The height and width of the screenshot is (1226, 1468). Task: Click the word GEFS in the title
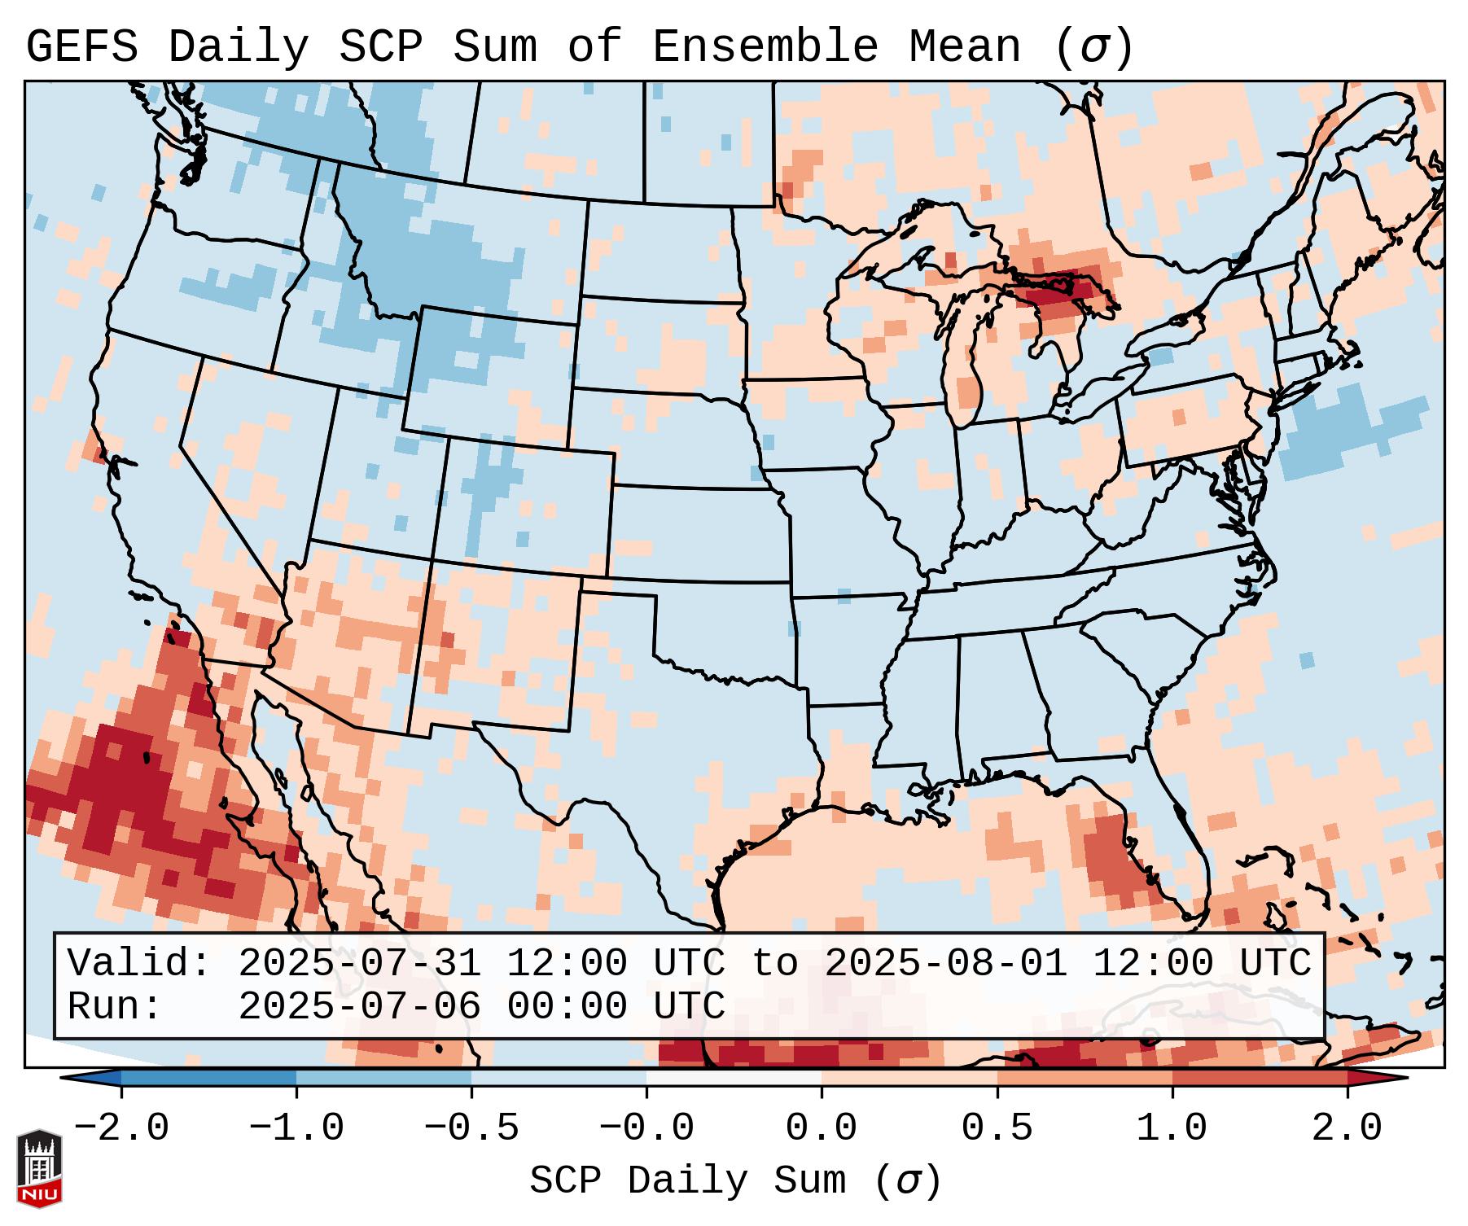(x=81, y=47)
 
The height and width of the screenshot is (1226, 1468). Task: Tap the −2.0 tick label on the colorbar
(x=121, y=1128)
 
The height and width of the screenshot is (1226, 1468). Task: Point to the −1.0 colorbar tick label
(x=296, y=1128)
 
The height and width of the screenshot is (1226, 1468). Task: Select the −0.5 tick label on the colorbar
(x=471, y=1128)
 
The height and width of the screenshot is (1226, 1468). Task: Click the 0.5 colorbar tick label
(x=997, y=1128)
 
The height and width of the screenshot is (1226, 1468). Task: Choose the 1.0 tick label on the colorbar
(x=1172, y=1128)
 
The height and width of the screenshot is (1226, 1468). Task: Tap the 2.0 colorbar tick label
(x=1347, y=1128)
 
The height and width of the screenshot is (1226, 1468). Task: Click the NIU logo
(x=39, y=1167)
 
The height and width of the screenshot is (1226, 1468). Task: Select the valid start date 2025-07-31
(x=359, y=963)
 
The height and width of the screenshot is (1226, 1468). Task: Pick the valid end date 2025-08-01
(x=945, y=963)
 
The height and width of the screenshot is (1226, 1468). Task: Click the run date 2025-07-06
(x=359, y=1006)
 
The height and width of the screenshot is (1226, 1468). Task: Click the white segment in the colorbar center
(x=734, y=1078)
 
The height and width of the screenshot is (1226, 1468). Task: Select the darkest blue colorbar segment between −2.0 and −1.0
(x=208, y=1078)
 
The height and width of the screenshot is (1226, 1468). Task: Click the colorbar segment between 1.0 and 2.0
(x=1259, y=1078)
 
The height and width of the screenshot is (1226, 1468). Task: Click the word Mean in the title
(x=965, y=47)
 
